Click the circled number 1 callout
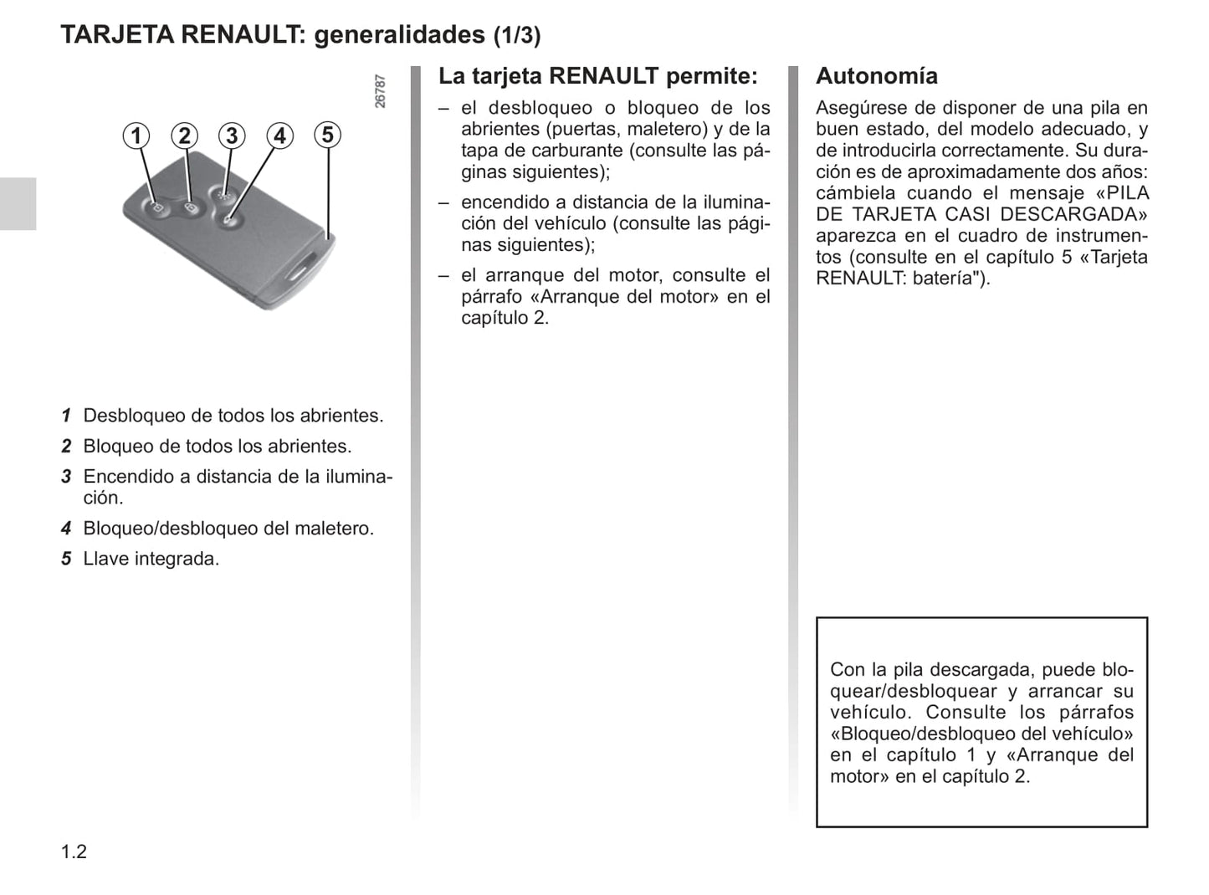136,136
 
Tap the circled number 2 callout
184,136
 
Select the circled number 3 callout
232,136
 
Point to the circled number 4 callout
279,136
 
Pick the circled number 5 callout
327,135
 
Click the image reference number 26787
381,91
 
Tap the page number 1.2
74,852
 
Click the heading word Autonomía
876,76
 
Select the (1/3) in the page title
516,36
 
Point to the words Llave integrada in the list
151,559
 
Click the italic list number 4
66,529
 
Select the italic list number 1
66,416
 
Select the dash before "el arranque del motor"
444,275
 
